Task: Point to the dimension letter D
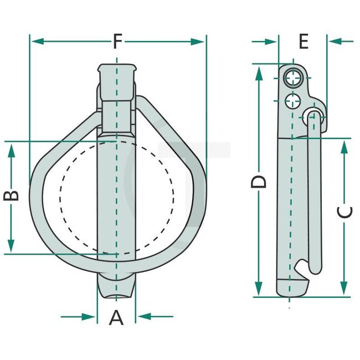pyautogui.click(x=259, y=181)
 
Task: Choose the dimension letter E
pyautogui.click(x=303, y=41)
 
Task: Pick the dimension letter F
pyautogui.click(x=117, y=41)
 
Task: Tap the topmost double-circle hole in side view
pyautogui.click(x=293, y=79)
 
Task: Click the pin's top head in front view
pyautogui.click(x=117, y=73)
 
